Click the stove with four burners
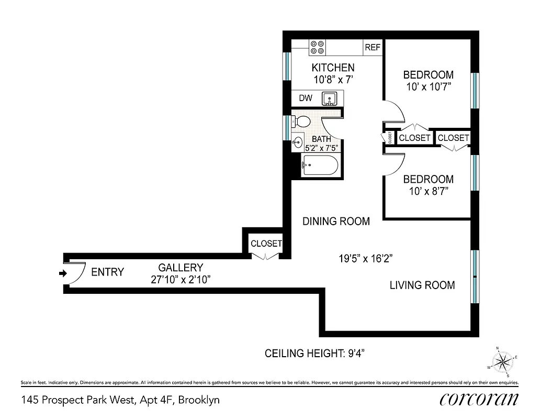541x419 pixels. point(317,48)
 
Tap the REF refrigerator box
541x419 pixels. point(373,48)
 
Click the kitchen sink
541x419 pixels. point(329,98)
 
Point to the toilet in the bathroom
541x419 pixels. point(301,122)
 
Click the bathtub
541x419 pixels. point(320,167)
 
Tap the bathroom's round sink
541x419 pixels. point(298,141)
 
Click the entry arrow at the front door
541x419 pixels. point(62,273)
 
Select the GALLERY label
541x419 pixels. point(181,268)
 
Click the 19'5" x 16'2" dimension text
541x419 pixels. point(366,258)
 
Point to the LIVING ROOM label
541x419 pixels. point(422,285)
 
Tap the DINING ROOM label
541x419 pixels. point(336,222)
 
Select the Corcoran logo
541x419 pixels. point(479,399)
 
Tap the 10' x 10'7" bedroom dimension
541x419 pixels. point(428,86)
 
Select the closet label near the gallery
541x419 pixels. point(266,244)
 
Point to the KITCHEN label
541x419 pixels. point(333,68)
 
